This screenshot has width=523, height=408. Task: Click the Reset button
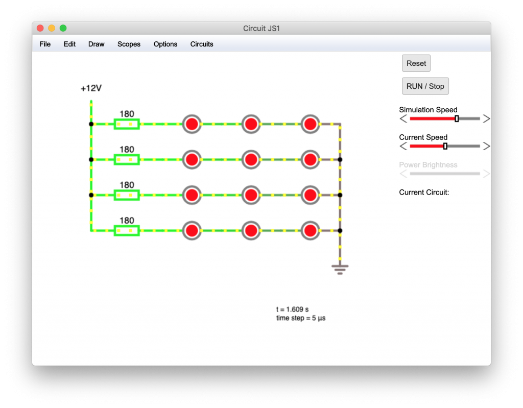[x=416, y=63]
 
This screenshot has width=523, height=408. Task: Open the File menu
[x=45, y=44]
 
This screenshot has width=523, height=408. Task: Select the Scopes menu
[x=129, y=44]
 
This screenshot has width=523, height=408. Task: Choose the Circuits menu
[x=201, y=44]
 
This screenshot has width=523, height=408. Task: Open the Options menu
[x=165, y=44]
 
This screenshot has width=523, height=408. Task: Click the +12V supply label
[x=91, y=88]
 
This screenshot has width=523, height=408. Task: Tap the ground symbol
[x=340, y=270]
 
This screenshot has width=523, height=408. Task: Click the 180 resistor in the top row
[x=127, y=124]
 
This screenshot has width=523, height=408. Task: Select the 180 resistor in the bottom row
[x=127, y=230]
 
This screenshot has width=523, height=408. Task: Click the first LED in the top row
[x=192, y=124]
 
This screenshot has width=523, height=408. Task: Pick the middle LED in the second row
[x=251, y=159]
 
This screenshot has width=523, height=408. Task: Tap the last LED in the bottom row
[x=310, y=230]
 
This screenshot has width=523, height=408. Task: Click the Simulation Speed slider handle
[x=457, y=118]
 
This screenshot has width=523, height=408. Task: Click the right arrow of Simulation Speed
[x=486, y=118]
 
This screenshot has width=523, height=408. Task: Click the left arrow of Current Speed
[x=403, y=146]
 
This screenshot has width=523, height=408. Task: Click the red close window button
[x=40, y=28]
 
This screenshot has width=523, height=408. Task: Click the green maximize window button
[x=63, y=28]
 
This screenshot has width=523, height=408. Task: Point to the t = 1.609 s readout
[x=292, y=309]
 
